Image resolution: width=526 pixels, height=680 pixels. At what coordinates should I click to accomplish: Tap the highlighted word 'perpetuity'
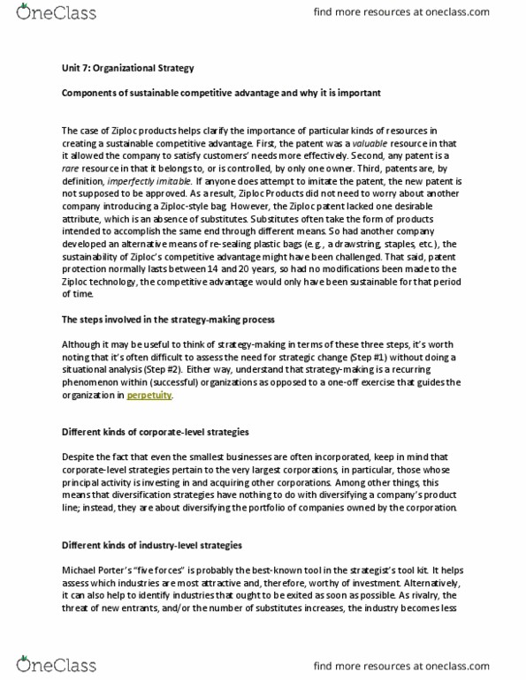(150, 397)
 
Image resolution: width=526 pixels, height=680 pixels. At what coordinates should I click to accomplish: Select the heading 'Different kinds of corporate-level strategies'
(155, 432)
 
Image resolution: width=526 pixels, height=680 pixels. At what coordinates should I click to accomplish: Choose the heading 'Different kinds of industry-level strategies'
(152, 545)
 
